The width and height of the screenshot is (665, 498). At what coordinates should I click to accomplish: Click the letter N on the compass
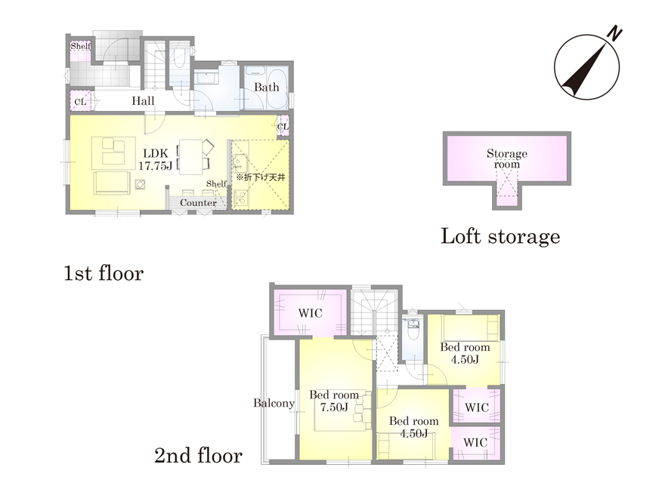[x=614, y=34]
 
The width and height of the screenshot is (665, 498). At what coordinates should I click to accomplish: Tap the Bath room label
[x=266, y=88]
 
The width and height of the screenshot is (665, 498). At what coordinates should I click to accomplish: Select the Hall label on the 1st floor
[x=143, y=101]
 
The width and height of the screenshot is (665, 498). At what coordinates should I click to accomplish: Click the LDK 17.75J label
[x=155, y=160]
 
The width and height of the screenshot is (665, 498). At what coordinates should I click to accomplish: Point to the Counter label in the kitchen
[x=198, y=203]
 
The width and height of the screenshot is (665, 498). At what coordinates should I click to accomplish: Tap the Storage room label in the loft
[x=507, y=158]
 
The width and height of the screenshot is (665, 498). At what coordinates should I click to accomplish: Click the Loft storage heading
[x=500, y=236]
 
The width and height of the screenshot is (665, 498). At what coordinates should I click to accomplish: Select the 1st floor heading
[x=104, y=274]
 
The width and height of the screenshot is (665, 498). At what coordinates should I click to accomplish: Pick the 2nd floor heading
[x=199, y=456]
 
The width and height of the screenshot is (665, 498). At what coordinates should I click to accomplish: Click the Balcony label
[x=274, y=403]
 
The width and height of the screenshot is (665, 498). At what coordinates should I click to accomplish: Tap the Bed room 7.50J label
[x=334, y=401]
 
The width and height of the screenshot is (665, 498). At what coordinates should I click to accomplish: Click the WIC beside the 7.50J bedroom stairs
[x=310, y=313]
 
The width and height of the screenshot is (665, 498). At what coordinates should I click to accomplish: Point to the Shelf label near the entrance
[x=80, y=46]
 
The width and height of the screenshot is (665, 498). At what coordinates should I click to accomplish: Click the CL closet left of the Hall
[x=80, y=102]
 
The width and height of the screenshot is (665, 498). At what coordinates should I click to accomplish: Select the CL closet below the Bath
[x=283, y=127]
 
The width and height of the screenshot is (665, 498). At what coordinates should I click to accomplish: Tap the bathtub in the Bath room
[x=278, y=88]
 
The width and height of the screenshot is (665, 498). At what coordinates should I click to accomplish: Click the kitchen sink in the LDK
[x=240, y=163]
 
